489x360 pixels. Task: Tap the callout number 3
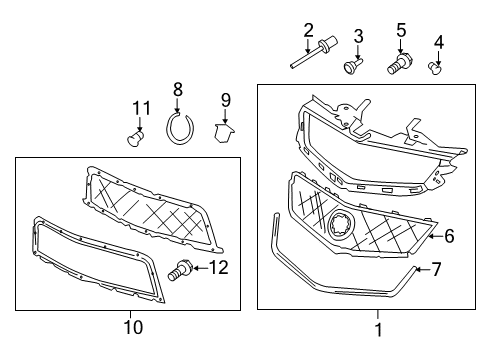(x=357, y=36)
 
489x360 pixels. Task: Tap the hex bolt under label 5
(x=400, y=66)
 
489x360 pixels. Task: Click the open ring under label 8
(x=178, y=128)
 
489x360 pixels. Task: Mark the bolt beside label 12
(x=183, y=268)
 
